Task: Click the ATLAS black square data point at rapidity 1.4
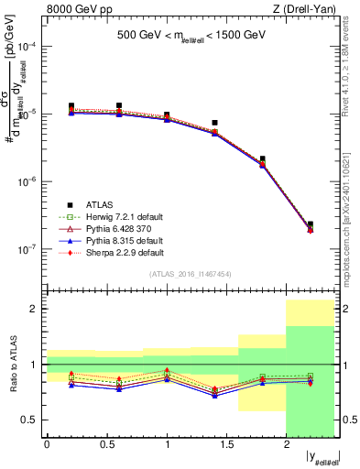(x=214, y=123)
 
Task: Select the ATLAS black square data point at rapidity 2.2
(x=311, y=224)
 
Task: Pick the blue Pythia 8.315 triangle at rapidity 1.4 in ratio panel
(x=214, y=396)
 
